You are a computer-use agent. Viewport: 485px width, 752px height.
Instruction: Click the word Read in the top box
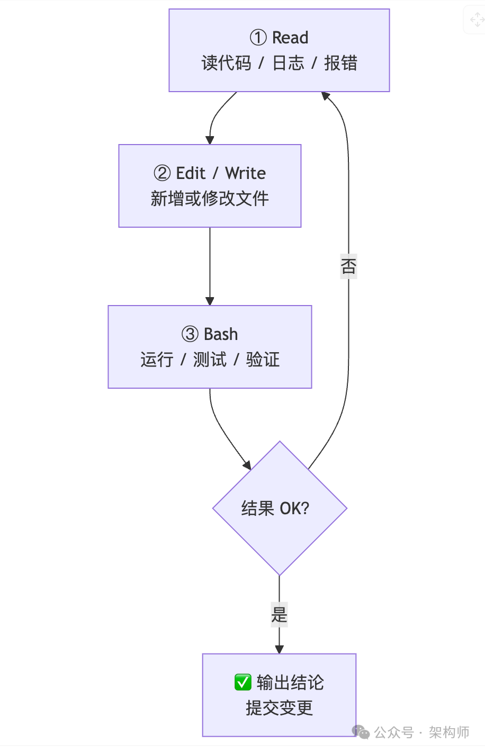pyautogui.click(x=290, y=38)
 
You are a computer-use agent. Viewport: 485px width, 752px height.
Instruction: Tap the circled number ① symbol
pyautogui.click(x=258, y=38)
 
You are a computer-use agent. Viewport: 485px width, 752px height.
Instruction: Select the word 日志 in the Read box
pyautogui.click(x=288, y=63)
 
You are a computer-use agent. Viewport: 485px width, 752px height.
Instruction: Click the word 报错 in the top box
pyautogui.click(x=340, y=63)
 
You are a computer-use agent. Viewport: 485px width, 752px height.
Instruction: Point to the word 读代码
pyautogui.click(x=226, y=63)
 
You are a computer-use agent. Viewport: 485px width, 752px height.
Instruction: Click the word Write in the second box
pyautogui.click(x=245, y=173)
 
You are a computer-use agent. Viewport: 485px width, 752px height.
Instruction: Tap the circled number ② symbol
pyautogui.click(x=162, y=173)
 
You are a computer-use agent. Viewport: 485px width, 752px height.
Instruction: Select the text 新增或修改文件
pyautogui.click(x=210, y=199)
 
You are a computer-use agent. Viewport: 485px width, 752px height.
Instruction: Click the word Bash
pyautogui.click(x=221, y=334)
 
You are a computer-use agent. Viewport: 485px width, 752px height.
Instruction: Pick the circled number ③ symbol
pyautogui.click(x=190, y=334)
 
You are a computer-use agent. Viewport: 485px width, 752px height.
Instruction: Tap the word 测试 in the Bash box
pyautogui.click(x=210, y=360)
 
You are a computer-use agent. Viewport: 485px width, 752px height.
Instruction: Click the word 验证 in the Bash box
pyautogui.click(x=263, y=360)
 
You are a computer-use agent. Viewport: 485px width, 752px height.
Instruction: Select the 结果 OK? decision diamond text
pyautogui.click(x=275, y=508)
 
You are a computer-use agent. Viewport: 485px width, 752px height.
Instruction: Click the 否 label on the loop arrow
pyautogui.click(x=348, y=266)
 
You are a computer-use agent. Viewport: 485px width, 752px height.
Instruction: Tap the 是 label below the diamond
pyautogui.click(x=279, y=614)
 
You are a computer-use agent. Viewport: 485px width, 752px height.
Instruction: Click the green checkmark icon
pyautogui.click(x=243, y=682)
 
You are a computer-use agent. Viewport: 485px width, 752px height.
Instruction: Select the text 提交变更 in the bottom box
pyautogui.click(x=279, y=708)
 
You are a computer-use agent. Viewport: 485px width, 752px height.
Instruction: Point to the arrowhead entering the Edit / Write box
pyautogui.click(x=210, y=140)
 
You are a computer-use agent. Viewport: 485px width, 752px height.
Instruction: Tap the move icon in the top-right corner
pyautogui.click(x=477, y=20)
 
